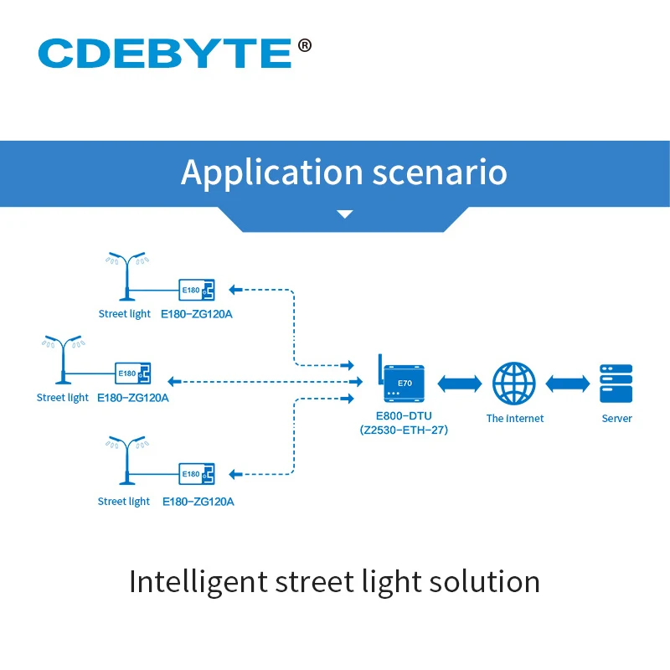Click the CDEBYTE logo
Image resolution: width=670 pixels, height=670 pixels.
point(164,52)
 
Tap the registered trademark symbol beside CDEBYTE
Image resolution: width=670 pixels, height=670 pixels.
point(304,44)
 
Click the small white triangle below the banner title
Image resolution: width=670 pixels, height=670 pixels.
point(344,214)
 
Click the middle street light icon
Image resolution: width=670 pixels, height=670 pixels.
point(63,358)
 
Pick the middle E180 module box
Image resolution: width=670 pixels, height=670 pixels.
point(132,373)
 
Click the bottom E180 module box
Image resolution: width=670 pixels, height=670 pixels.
point(197,474)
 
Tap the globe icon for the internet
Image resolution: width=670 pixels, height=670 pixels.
point(513,383)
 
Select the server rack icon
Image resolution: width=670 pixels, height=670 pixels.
point(616,384)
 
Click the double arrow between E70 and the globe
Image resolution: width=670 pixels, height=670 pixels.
point(459,383)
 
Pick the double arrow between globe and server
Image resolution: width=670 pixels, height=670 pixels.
point(566,383)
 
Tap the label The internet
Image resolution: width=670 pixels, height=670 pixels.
point(514,418)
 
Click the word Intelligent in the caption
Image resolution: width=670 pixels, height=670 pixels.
point(198,581)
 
